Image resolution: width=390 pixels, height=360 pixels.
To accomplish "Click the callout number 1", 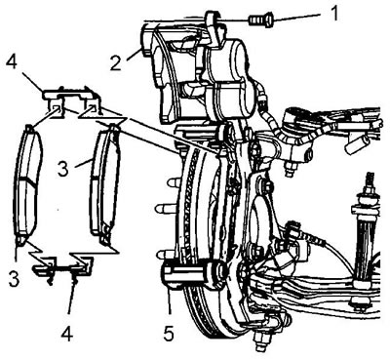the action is click(333, 14).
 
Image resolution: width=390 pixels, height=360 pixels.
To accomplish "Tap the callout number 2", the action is click(115, 63).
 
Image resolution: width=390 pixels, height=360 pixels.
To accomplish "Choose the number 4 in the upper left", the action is click(12, 61).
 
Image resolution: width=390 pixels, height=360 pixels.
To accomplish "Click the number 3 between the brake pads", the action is click(63, 169).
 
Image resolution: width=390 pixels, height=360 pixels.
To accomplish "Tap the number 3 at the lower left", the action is click(14, 279).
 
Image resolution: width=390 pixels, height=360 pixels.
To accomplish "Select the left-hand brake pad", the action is click(28, 184).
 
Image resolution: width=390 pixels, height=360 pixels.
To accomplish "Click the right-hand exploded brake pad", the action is click(104, 183).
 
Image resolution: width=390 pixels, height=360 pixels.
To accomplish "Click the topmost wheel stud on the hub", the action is click(174, 183).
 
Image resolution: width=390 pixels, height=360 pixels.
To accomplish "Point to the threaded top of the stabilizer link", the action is click(370, 182).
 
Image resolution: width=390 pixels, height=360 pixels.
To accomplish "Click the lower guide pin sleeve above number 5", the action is click(193, 272).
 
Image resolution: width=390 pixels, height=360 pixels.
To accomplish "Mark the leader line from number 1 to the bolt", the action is click(299, 18).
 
